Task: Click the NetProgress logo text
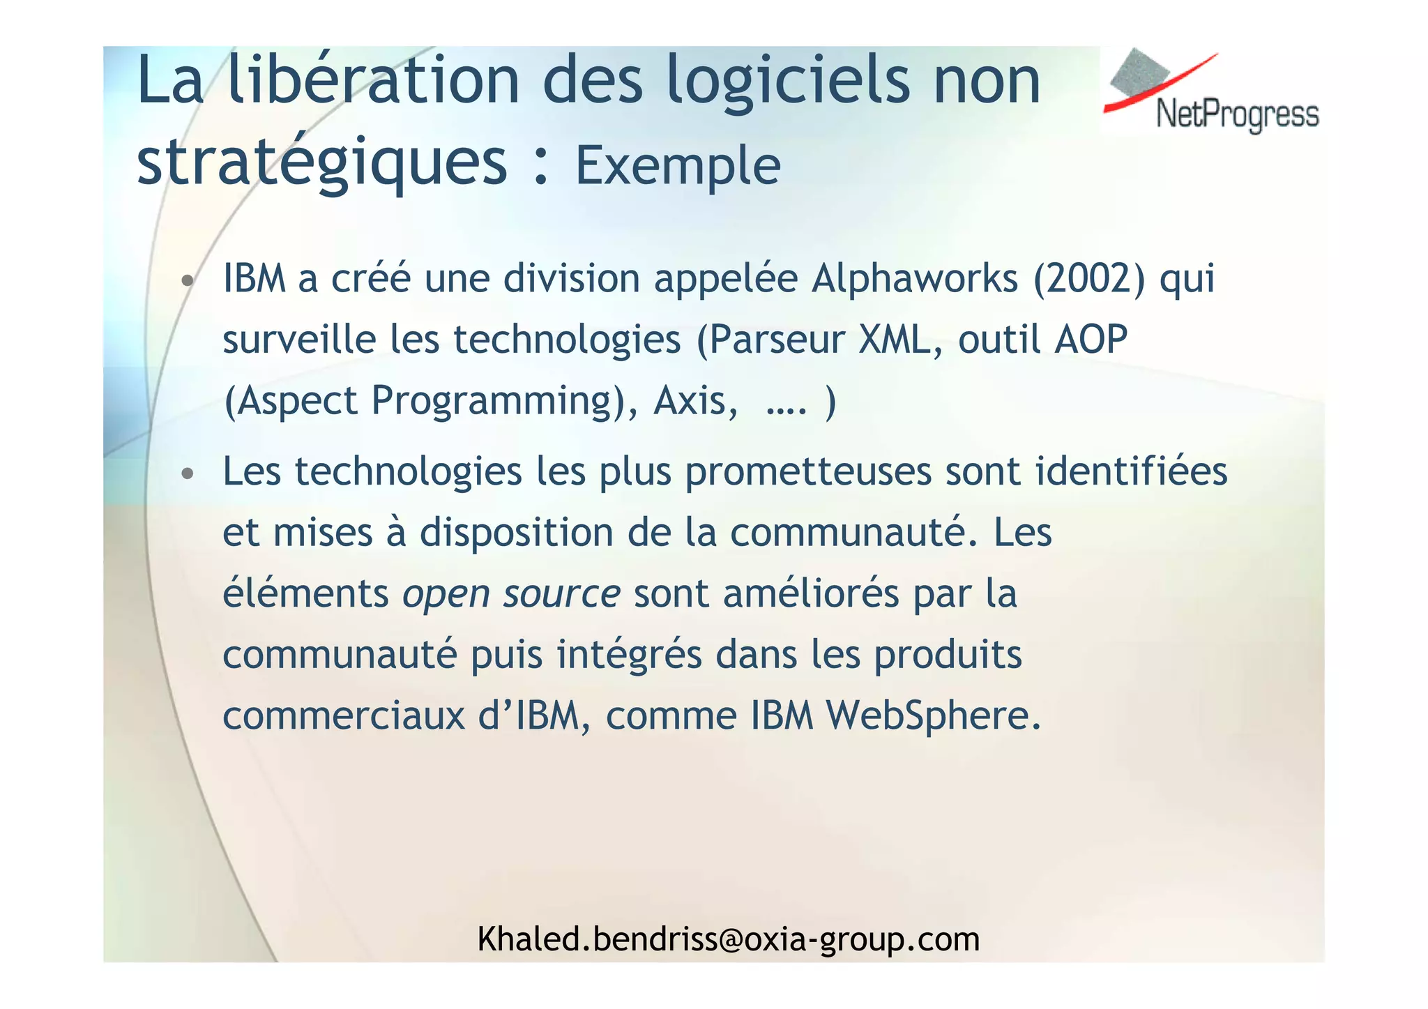(x=1237, y=114)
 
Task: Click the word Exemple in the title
(x=677, y=166)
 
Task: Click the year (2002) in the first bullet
(x=1088, y=278)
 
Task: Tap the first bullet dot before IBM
(x=186, y=282)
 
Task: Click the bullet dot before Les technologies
(x=186, y=474)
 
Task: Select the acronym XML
(x=899, y=340)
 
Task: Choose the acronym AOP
(x=1091, y=340)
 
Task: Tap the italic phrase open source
(x=511, y=595)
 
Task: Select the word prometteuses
(x=808, y=472)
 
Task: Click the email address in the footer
(x=728, y=939)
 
